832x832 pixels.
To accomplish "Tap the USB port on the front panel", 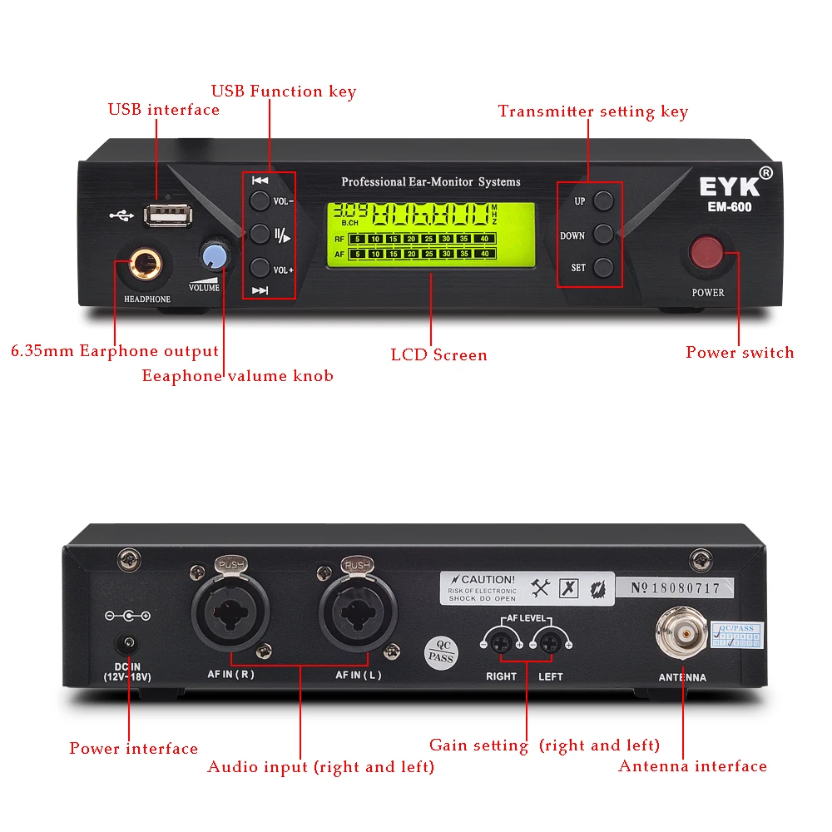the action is click(167, 215).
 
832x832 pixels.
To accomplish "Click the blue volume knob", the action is click(214, 255).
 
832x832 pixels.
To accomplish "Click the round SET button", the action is click(604, 268).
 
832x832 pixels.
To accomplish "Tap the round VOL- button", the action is click(260, 201).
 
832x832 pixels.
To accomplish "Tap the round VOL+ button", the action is click(260, 268).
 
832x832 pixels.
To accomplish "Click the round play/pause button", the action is click(260, 234).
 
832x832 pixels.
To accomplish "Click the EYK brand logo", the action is click(723, 186).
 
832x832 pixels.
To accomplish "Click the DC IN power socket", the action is click(128, 644).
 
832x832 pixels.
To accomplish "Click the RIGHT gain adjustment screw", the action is click(501, 641).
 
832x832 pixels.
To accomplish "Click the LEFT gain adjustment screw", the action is click(549, 641).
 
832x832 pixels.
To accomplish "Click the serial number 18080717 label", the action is click(675, 588).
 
